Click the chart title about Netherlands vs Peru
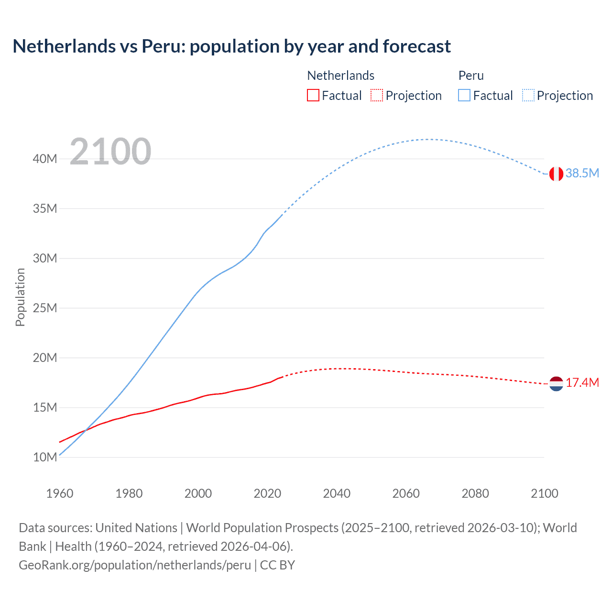(231, 46)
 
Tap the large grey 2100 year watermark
(110, 152)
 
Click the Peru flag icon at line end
(556, 174)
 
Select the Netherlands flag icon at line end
(556, 383)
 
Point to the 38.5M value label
(582, 173)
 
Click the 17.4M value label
(582, 382)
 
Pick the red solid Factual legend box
(313, 96)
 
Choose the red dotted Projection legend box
(377, 96)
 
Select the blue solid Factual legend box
(464, 96)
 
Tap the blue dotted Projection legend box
(528, 96)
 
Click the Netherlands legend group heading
(340, 76)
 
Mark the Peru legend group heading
(471, 76)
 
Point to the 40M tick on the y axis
(45, 159)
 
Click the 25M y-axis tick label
(45, 308)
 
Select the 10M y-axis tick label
(45, 457)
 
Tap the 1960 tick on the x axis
(60, 493)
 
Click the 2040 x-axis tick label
(337, 493)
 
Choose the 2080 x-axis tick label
(475, 493)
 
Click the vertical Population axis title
(20, 297)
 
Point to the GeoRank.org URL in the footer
(135, 565)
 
